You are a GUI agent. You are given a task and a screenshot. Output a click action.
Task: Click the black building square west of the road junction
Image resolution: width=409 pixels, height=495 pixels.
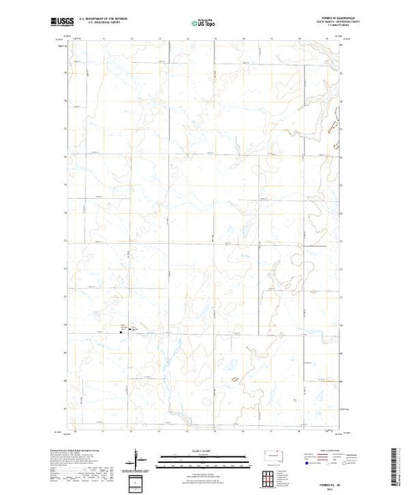click(121, 330)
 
